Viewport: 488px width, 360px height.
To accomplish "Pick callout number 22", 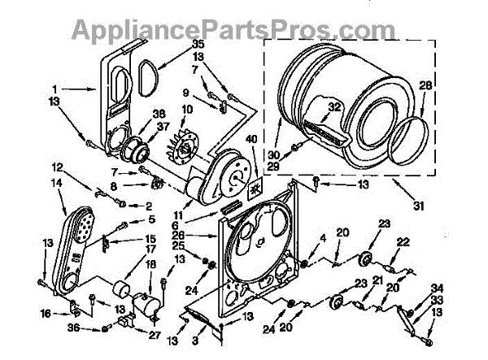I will (x=402, y=241).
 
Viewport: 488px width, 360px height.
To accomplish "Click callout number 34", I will (x=438, y=288).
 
